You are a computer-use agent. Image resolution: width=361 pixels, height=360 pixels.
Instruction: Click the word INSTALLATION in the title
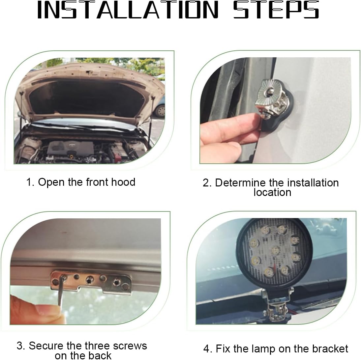pos(128,10)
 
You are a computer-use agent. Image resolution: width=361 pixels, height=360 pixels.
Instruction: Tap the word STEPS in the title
pos(276,10)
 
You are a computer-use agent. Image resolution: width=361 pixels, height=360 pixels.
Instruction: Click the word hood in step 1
pos(123,182)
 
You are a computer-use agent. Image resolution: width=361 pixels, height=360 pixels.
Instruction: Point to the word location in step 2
pos(272,192)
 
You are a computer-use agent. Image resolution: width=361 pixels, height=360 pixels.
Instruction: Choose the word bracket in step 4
pos(330,349)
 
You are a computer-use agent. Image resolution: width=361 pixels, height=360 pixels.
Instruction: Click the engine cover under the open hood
pos(71,148)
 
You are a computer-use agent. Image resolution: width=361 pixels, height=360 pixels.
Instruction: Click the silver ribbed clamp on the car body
pos(272,99)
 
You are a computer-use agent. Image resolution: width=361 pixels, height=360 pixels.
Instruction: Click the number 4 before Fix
pos(207,349)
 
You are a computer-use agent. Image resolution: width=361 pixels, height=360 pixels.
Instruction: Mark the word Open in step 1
pos(51,182)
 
